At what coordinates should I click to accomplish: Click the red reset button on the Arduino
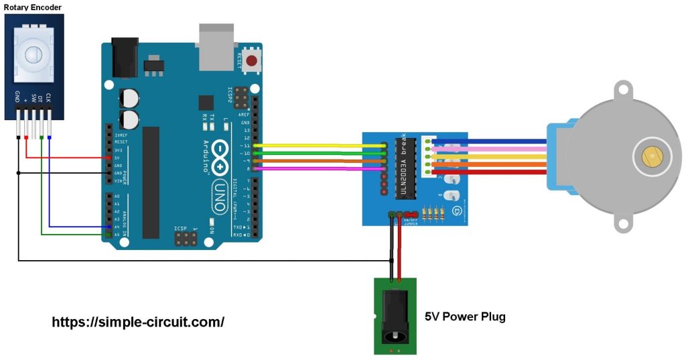coord(252,62)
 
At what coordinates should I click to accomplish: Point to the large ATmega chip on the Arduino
coord(151,182)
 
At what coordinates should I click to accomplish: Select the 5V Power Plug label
coord(465,316)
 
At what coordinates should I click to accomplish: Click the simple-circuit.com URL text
coord(138,322)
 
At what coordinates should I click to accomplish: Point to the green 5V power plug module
coord(395,316)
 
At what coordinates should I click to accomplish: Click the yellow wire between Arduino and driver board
coord(315,145)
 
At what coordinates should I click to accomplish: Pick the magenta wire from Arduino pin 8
coord(315,169)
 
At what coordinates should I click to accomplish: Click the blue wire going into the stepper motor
coord(489,141)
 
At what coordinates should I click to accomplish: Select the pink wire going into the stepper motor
coord(489,149)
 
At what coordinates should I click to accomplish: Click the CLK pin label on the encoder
coord(49,100)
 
